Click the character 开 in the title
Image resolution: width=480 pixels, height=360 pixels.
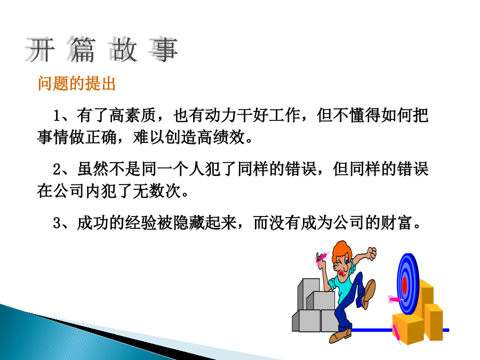40,50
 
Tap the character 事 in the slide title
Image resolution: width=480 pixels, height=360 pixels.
163,50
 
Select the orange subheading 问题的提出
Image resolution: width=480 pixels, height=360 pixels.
76,83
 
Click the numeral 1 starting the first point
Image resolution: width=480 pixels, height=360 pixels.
57,116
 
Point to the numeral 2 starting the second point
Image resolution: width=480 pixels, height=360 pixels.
57,169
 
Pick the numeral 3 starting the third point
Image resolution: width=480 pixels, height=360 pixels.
57,223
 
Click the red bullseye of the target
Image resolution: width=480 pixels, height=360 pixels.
404,286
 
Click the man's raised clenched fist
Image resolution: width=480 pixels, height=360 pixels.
372,253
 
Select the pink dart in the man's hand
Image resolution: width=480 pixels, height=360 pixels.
322,257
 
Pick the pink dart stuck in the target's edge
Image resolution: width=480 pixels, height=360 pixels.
394,299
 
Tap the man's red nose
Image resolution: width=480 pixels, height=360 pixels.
341,272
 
